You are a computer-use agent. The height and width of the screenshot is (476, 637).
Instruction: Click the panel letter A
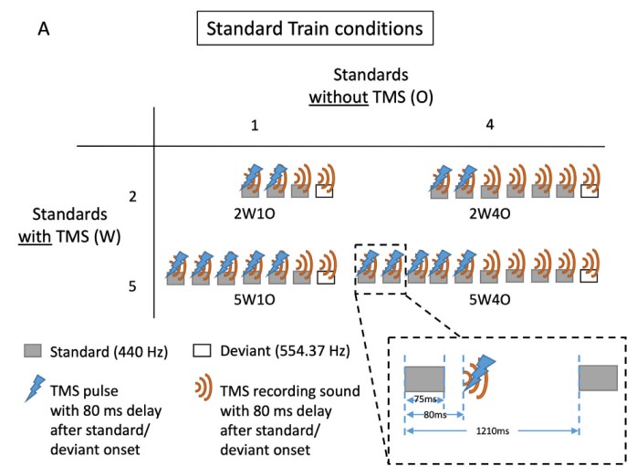[x=42, y=28]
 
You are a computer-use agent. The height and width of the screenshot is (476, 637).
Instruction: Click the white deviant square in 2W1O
[x=324, y=191]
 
